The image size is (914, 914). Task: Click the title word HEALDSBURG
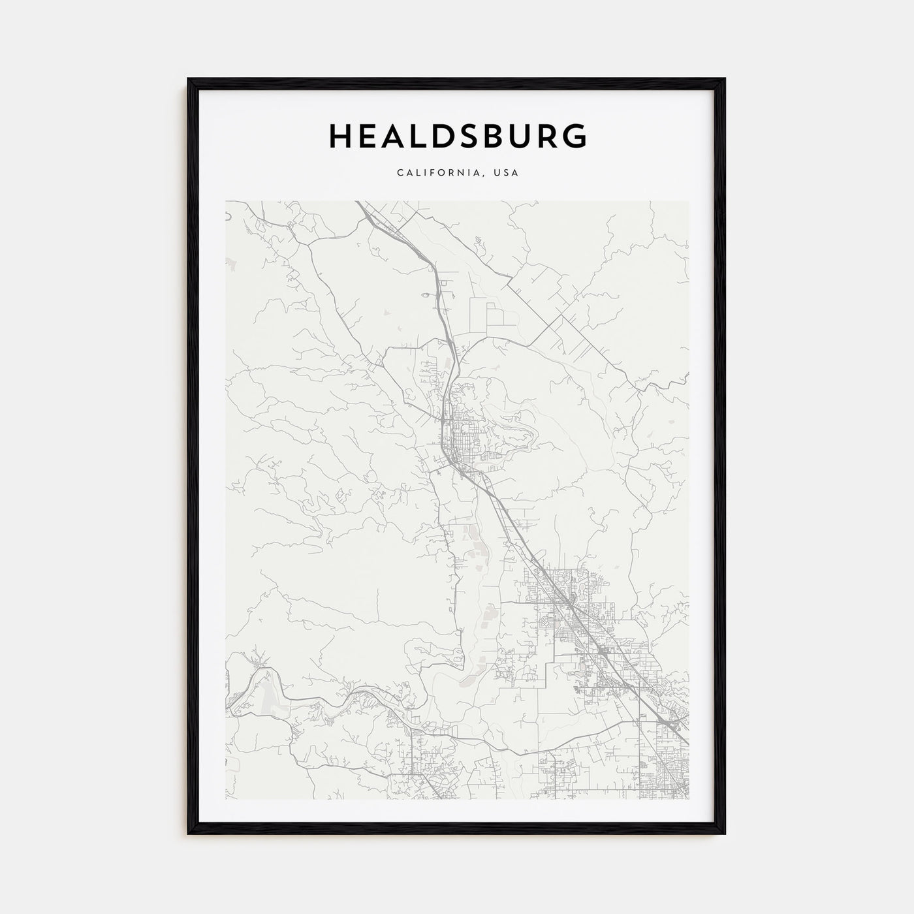[457, 136]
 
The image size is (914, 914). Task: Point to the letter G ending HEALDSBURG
[575, 136]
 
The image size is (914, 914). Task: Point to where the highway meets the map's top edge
[359, 202]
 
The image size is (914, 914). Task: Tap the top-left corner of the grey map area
[227, 202]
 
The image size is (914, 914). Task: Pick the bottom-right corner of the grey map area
[688, 798]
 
